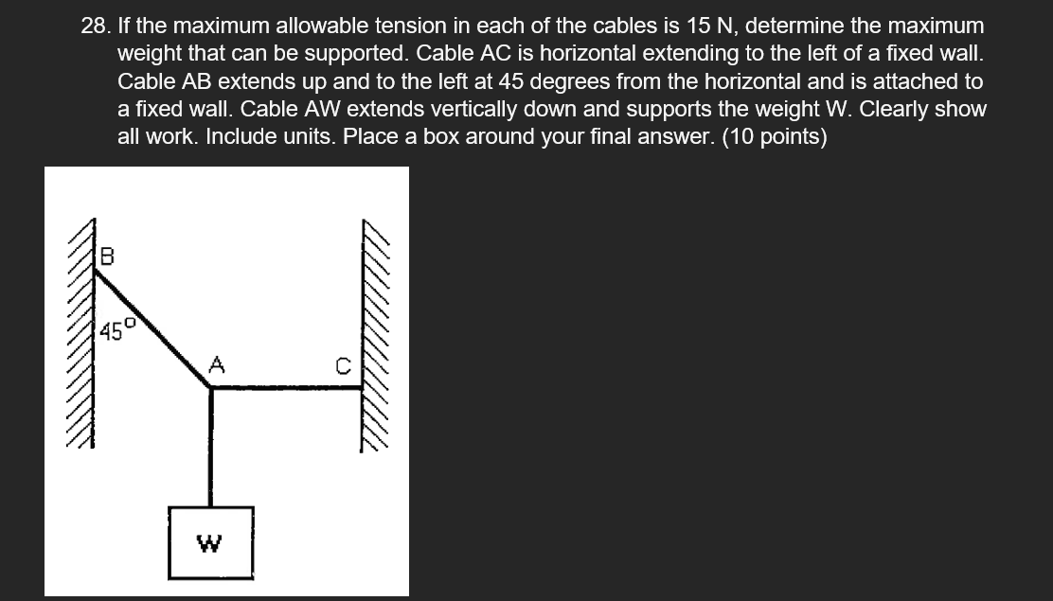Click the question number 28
click(94, 27)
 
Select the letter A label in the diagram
click(217, 365)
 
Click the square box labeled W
click(211, 542)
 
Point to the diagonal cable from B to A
click(152, 327)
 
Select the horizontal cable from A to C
click(284, 386)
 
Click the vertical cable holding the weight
click(210, 445)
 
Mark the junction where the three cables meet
click(210, 386)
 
